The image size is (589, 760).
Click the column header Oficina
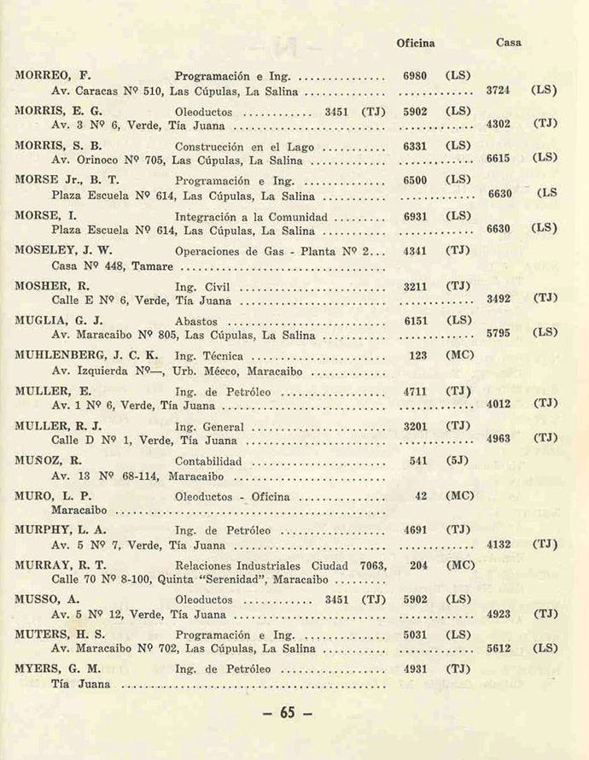(416, 43)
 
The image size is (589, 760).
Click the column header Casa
(509, 43)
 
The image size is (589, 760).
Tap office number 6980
(415, 75)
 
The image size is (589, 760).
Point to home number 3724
(499, 90)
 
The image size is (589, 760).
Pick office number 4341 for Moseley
(415, 251)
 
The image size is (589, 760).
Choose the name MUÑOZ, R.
(48, 461)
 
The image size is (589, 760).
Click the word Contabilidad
(208, 461)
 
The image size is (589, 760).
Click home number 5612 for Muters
(499, 649)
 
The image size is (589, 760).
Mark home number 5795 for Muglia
(499, 334)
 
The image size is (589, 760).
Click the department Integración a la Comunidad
(254, 216)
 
